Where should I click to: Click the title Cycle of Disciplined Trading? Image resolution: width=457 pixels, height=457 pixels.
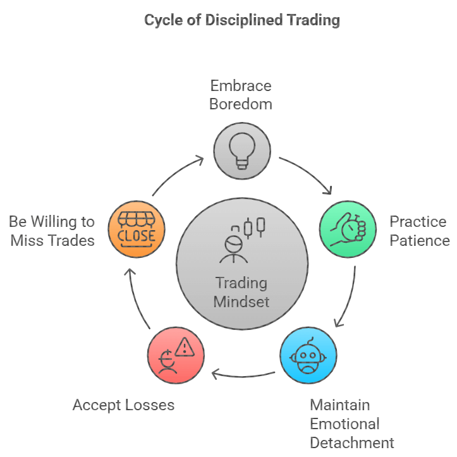pos(241,20)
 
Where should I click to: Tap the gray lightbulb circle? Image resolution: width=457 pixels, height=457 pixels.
pos(241,150)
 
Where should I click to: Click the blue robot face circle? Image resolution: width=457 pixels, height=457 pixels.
pos(308,355)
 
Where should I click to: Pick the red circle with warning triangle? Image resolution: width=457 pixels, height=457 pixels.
pos(176,355)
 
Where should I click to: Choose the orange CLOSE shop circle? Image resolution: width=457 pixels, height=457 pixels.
pos(136,229)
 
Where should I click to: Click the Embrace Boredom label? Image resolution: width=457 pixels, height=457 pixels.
pos(241,95)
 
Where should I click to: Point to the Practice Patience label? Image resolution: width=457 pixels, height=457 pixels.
pos(419,231)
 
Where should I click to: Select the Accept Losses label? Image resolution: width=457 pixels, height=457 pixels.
pos(123,405)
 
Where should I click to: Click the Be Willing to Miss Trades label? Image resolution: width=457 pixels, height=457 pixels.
pos(52,231)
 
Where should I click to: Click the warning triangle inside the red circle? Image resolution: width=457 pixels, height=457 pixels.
pos(186,346)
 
